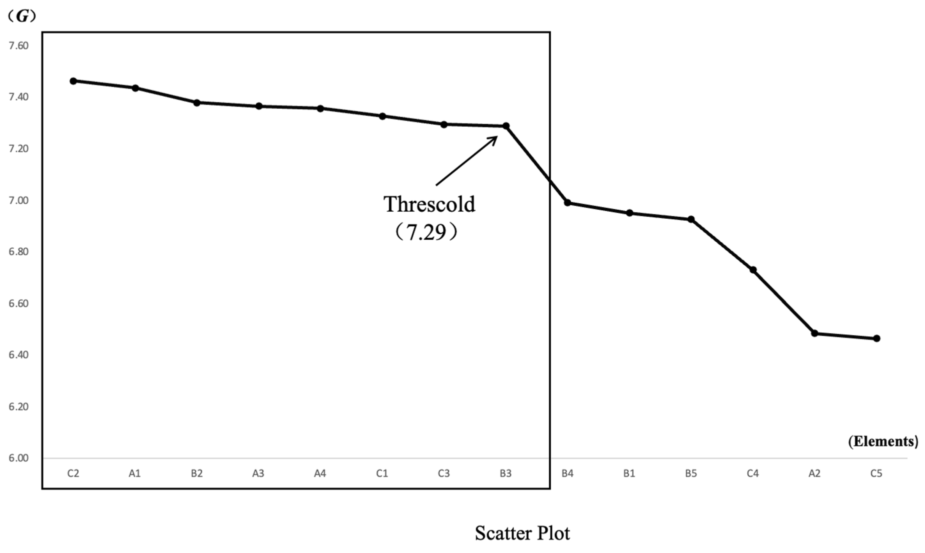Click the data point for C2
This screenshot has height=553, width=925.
[x=74, y=81]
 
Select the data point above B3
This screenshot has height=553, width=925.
[x=506, y=126]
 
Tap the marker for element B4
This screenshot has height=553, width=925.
[x=567, y=202]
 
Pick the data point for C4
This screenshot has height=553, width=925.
[x=753, y=269]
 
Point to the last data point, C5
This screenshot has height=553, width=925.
[x=876, y=339]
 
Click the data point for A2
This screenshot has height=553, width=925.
[x=815, y=333]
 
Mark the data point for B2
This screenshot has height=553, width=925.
[x=197, y=103]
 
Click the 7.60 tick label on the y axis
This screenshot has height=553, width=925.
[x=19, y=45]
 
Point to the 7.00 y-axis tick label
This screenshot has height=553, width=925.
[x=19, y=200]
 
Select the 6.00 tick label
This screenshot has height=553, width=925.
[x=19, y=458]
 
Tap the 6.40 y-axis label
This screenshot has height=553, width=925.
[x=19, y=355]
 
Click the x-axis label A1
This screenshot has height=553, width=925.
[x=135, y=474]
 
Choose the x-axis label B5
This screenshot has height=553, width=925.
[x=691, y=474]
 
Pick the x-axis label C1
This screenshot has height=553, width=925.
[x=382, y=474]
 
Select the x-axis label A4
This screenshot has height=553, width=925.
[x=320, y=474]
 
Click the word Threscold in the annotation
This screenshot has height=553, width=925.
[x=430, y=204]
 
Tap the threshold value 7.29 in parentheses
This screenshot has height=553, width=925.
[x=426, y=232]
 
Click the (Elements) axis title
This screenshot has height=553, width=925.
[x=883, y=441]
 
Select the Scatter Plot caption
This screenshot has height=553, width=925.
[x=522, y=533]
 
